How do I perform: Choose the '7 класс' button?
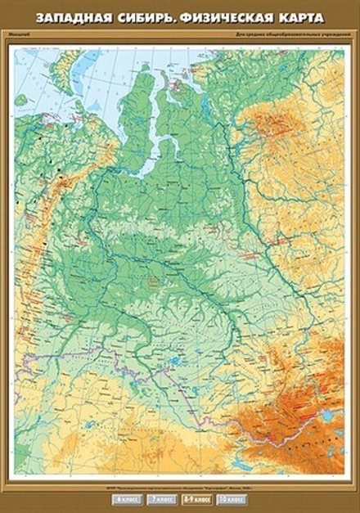click(162, 498)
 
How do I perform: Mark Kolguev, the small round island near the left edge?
click(20, 100)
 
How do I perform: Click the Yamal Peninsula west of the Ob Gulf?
click(132, 106)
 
